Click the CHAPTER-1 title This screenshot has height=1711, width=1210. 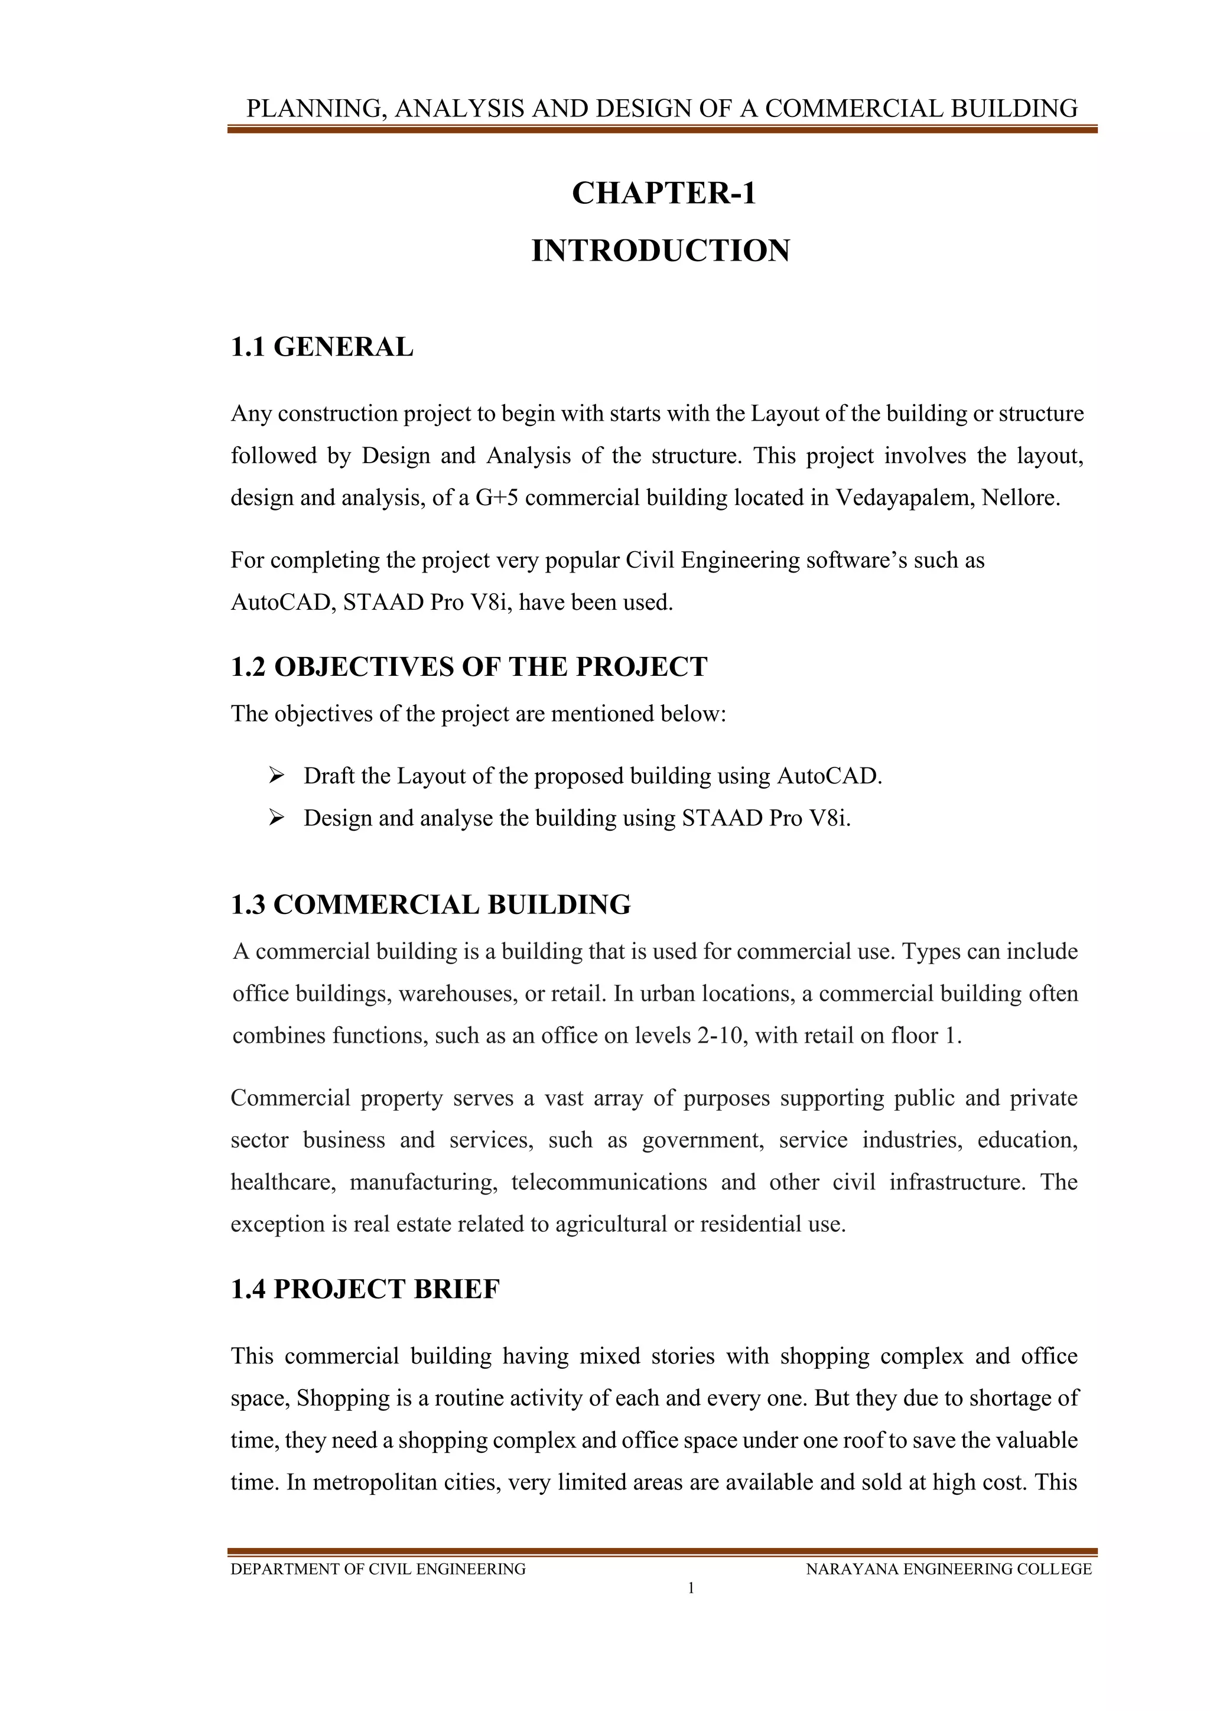pos(663,193)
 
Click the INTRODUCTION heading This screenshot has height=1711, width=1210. pos(660,251)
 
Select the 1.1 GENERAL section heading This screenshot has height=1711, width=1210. pos(321,347)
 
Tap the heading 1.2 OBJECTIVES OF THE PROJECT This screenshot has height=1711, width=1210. pos(469,666)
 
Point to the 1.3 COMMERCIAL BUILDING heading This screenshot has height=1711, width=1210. pos(431,905)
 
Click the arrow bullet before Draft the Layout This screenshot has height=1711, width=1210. pos(277,776)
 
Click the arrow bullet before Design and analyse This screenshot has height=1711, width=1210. pos(277,818)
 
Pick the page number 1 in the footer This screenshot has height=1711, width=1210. pos(691,1588)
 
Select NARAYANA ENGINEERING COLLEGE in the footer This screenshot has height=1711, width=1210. pos(948,1569)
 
